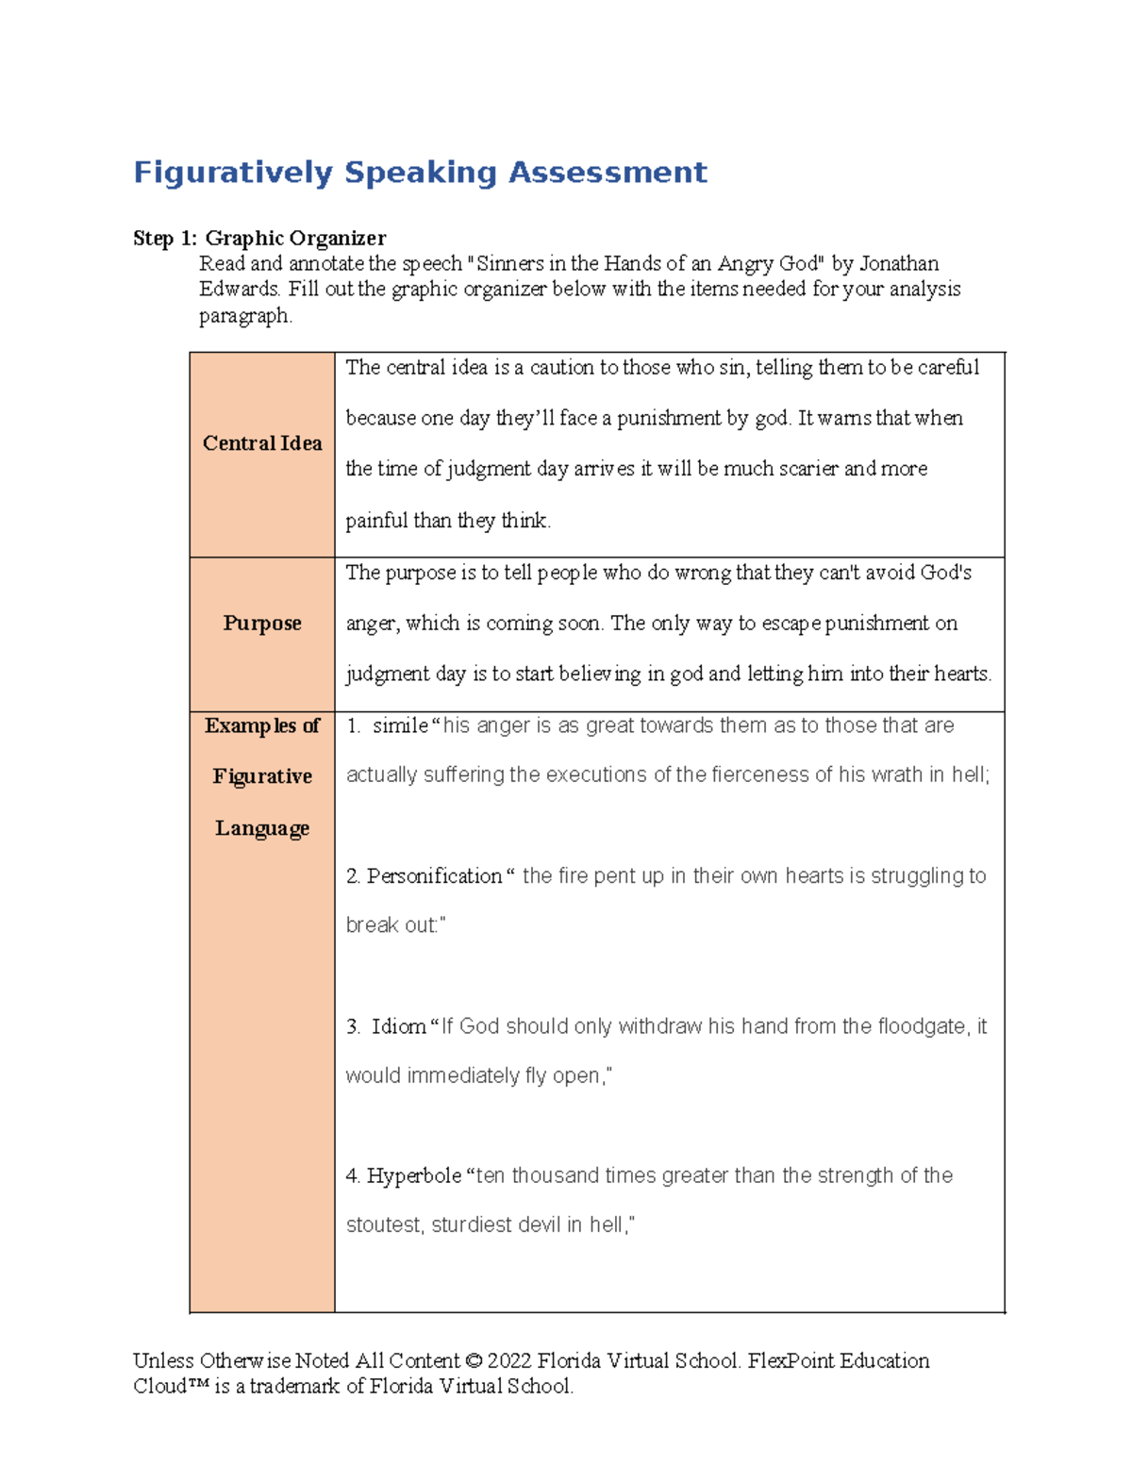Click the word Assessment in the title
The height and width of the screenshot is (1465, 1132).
608,173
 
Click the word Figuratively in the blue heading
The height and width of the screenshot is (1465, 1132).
233,173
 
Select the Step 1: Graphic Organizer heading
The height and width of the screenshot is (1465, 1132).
259,238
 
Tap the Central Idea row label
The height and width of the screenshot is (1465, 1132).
262,443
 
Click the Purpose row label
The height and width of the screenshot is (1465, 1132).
262,624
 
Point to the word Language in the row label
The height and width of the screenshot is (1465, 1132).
262,828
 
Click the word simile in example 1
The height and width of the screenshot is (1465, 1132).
400,725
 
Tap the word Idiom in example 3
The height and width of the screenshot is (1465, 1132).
398,1026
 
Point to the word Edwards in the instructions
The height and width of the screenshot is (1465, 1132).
239,290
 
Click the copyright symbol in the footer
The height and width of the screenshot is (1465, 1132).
474,1361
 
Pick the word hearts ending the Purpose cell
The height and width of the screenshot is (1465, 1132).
961,674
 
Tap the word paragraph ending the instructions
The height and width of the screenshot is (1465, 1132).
245,316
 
